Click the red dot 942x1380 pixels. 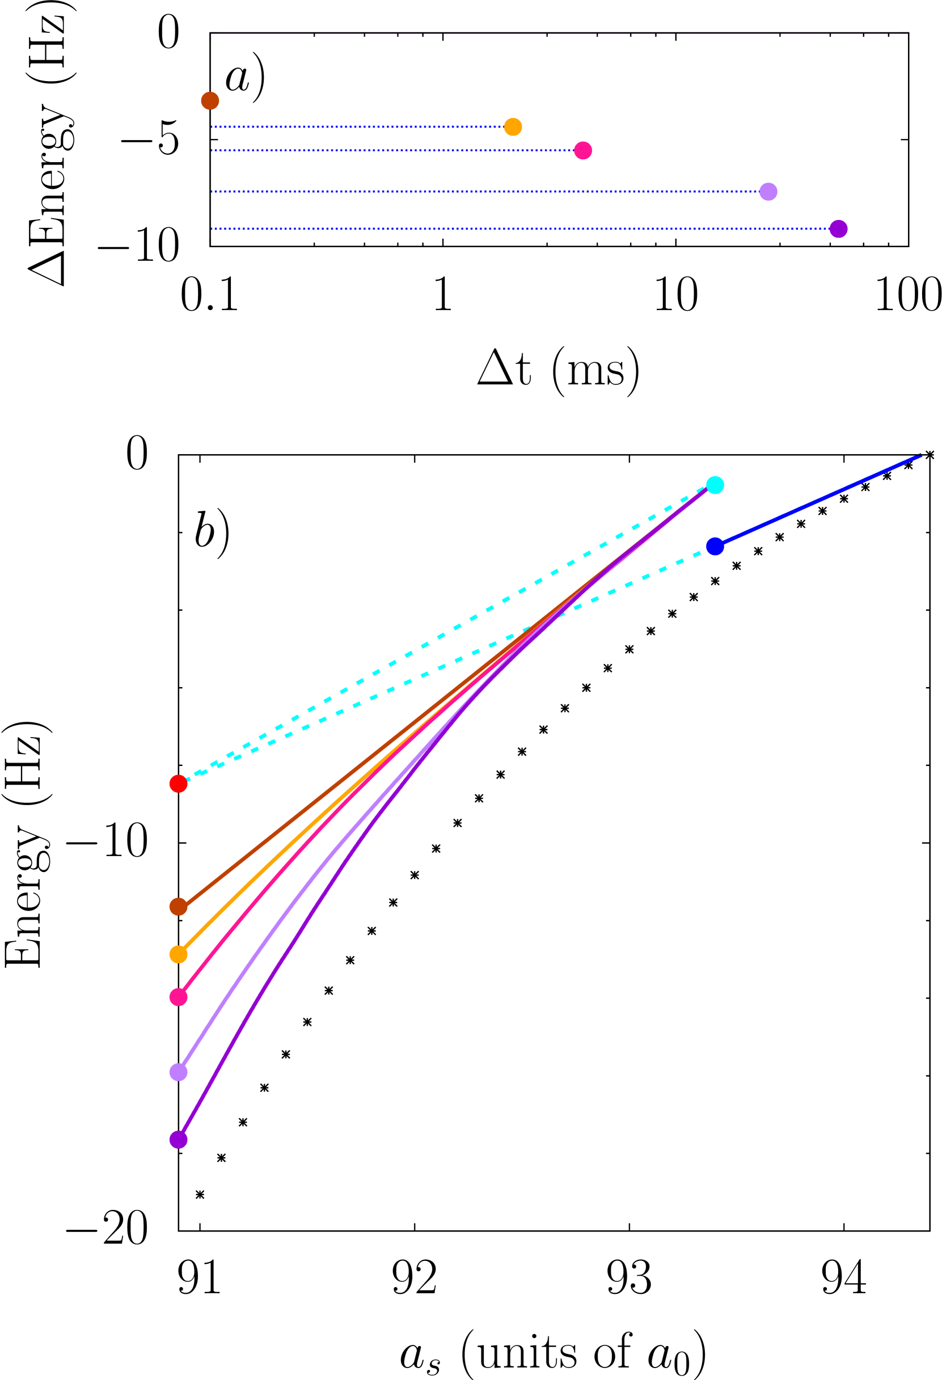(178, 784)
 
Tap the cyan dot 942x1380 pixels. (715, 485)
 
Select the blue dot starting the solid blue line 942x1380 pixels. (715, 547)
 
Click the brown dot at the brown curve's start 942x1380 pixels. (178, 907)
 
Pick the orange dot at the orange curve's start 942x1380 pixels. (178, 954)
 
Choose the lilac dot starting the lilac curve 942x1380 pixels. (178, 1072)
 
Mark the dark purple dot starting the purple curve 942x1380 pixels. (178, 1140)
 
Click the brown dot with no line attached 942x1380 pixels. (210, 101)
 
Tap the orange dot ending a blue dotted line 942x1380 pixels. (513, 127)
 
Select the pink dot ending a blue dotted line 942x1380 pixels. (583, 150)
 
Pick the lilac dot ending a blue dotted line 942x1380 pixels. (768, 192)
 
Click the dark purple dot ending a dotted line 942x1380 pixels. (838, 228)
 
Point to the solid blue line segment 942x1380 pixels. (820, 500)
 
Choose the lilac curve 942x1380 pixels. (297, 891)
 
